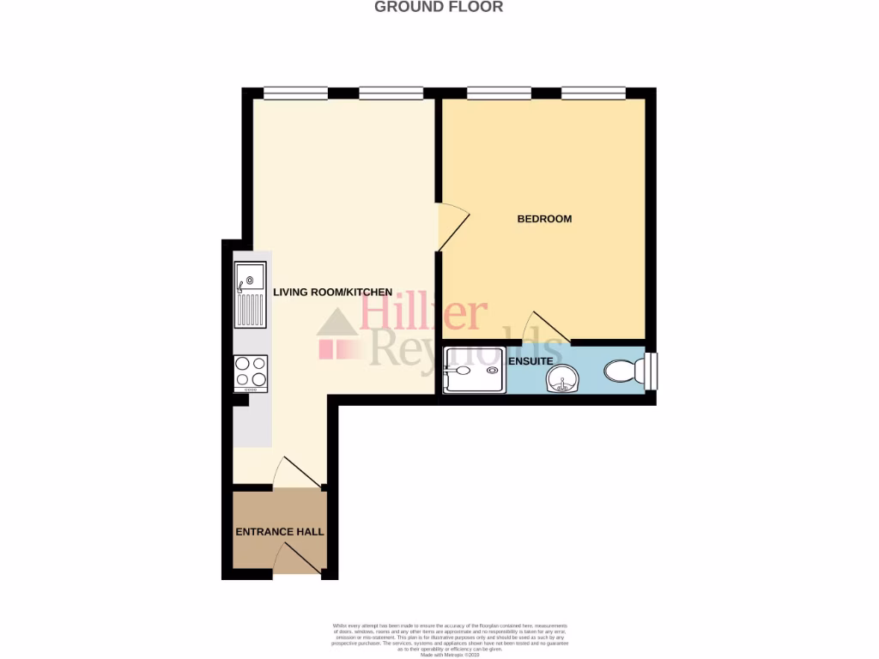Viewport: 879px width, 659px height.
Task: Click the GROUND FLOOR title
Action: point(439,7)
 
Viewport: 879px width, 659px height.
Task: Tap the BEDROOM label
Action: point(544,219)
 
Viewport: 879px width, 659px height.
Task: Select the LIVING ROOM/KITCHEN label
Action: point(333,293)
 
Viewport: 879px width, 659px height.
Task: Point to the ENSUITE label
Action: point(530,361)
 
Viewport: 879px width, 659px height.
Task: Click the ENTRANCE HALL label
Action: point(280,532)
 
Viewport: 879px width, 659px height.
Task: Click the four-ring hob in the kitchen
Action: point(251,373)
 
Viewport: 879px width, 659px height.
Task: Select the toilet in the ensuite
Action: point(623,372)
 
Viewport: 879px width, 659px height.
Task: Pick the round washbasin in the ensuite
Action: point(563,376)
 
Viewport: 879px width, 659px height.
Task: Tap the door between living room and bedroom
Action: point(452,227)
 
